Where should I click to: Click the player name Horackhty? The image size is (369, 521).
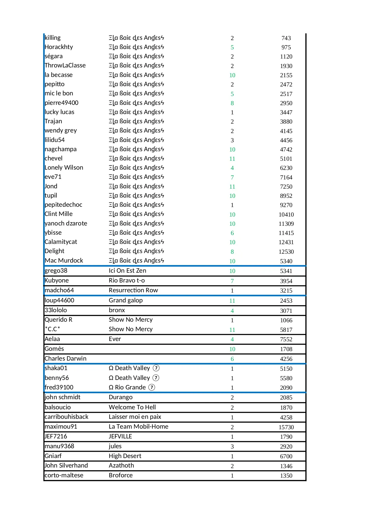(x=59, y=47)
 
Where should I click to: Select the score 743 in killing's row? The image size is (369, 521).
(x=286, y=38)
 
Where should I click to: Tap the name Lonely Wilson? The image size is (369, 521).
(x=64, y=168)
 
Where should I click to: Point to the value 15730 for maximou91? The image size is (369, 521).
(x=286, y=427)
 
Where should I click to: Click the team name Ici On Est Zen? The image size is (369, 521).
(x=127, y=271)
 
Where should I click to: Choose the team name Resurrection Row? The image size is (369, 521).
(x=133, y=290)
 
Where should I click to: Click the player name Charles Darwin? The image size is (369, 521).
(x=65, y=359)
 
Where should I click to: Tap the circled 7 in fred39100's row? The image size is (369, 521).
(x=152, y=387)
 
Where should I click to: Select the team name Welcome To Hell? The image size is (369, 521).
(x=132, y=407)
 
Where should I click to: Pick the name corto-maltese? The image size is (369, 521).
(x=64, y=475)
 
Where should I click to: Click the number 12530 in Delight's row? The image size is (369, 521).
(x=286, y=252)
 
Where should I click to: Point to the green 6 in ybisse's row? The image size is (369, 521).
(x=232, y=233)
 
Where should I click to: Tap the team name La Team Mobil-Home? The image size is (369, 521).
(x=138, y=427)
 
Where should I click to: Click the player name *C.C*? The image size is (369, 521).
(x=52, y=329)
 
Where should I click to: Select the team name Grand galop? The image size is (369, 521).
(x=125, y=300)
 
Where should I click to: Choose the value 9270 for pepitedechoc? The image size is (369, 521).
(x=286, y=205)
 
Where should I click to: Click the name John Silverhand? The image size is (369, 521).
(x=66, y=465)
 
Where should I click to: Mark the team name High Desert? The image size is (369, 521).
(x=125, y=456)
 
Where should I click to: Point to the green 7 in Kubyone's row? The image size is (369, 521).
(x=232, y=281)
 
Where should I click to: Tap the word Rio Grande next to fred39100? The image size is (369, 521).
(x=130, y=387)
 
